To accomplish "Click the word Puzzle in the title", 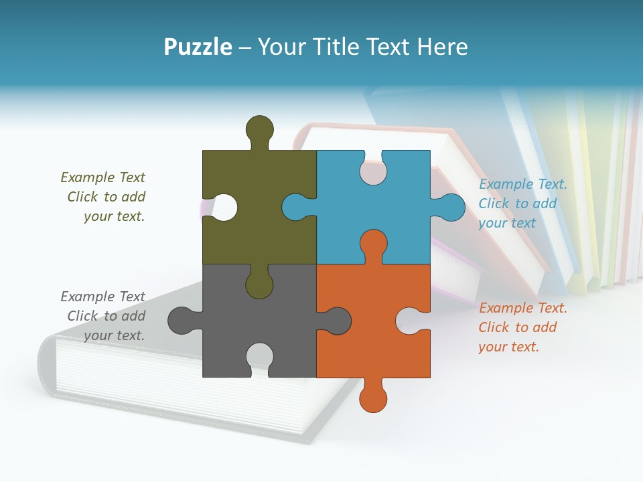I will (x=198, y=47).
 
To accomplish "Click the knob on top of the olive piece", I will (x=260, y=129).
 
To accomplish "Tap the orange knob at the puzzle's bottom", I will (x=373, y=399).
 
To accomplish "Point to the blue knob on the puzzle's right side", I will (x=451, y=208).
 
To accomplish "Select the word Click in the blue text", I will (x=494, y=204).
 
